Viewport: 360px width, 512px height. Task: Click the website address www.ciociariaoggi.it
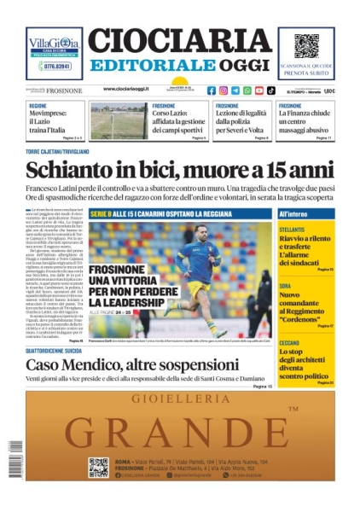[x=131, y=90]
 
